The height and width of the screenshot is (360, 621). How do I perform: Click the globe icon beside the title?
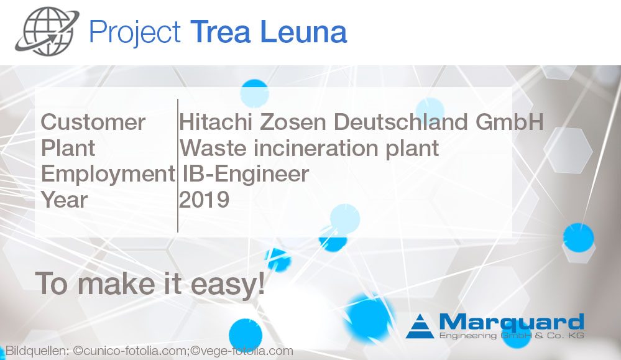tap(47, 31)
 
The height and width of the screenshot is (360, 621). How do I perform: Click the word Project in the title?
tap(135, 32)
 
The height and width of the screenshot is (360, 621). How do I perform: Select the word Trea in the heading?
tap(220, 32)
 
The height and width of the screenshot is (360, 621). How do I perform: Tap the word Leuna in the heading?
tap(304, 32)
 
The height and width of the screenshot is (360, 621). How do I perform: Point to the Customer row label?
tap(93, 122)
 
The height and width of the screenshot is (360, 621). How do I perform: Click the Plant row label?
tap(68, 149)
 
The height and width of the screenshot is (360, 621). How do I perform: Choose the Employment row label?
tap(108, 174)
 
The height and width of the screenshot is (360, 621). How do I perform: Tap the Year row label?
tap(64, 200)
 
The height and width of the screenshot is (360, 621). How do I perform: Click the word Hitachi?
tap(216, 122)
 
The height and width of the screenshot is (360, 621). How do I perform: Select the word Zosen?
tap(293, 122)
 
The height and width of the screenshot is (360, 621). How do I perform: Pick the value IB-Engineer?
tap(246, 174)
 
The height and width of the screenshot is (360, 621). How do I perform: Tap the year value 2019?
tap(205, 200)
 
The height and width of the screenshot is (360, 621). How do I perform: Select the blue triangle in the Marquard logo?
tap(420, 326)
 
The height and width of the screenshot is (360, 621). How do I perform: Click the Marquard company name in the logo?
tap(512, 322)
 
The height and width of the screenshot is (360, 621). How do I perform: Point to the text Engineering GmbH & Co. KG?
tap(512, 336)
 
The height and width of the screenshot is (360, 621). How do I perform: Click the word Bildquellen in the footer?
tap(37, 351)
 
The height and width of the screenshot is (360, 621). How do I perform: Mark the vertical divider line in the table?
tap(178, 165)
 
